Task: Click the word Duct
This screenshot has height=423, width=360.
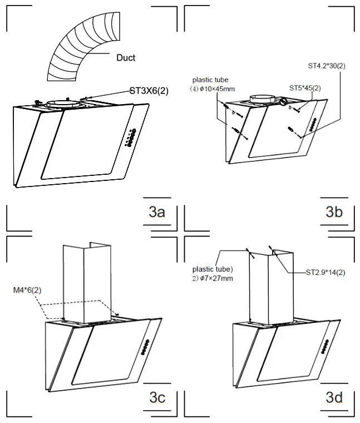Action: pyautogui.click(x=126, y=58)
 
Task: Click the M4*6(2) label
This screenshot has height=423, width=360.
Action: pyautogui.click(x=27, y=290)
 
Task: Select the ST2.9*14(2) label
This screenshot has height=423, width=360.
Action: pyautogui.click(x=326, y=273)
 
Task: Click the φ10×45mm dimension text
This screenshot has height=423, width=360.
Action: pyautogui.click(x=221, y=88)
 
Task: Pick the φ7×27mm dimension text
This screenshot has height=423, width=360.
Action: pyautogui.click(x=219, y=278)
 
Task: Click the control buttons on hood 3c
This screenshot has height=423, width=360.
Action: pyautogui.click(x=146, y=348)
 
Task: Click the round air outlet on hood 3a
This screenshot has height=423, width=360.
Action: pyautogui.click(x=62, y=103)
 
